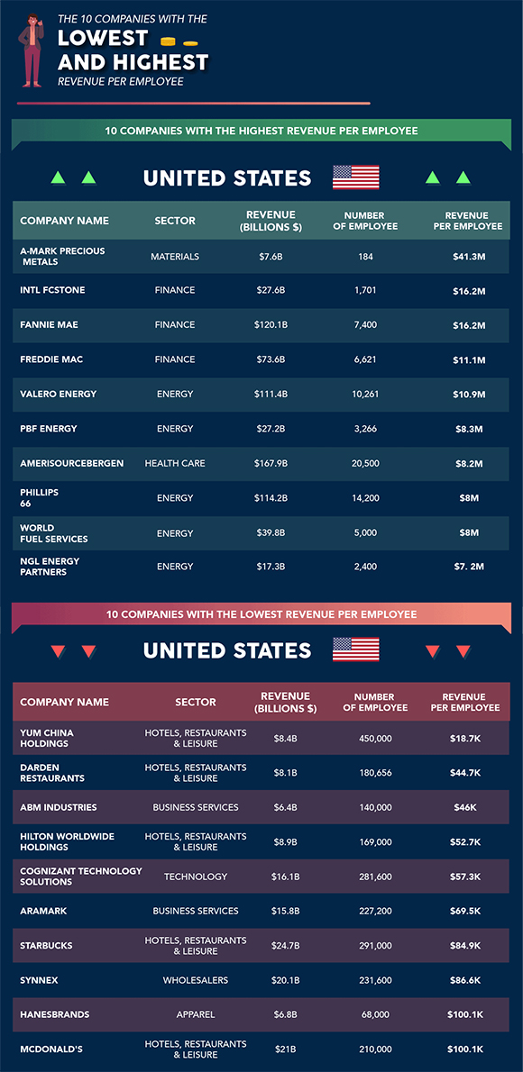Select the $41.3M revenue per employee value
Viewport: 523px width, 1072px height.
469,257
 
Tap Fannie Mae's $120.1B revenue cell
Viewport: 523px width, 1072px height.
271,324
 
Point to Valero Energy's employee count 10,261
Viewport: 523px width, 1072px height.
367,394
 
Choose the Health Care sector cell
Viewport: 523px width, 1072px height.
175,464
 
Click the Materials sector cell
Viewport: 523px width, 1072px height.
175,257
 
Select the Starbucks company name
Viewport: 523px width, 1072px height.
46,946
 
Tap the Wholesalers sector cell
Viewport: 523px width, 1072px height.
195,980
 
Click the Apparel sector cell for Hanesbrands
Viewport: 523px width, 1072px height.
195,1015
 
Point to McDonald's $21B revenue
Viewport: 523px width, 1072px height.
286,1049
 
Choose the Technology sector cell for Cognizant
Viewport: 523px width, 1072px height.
195,877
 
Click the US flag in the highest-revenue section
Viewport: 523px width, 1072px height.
356,177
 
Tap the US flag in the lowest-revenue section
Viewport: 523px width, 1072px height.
356,649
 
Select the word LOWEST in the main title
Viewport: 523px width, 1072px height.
103,38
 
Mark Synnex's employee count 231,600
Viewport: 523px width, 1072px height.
374,980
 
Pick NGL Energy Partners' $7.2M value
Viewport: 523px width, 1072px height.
469,567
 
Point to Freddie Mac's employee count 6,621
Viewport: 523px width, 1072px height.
367,359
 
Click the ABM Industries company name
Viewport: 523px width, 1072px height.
59,807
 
